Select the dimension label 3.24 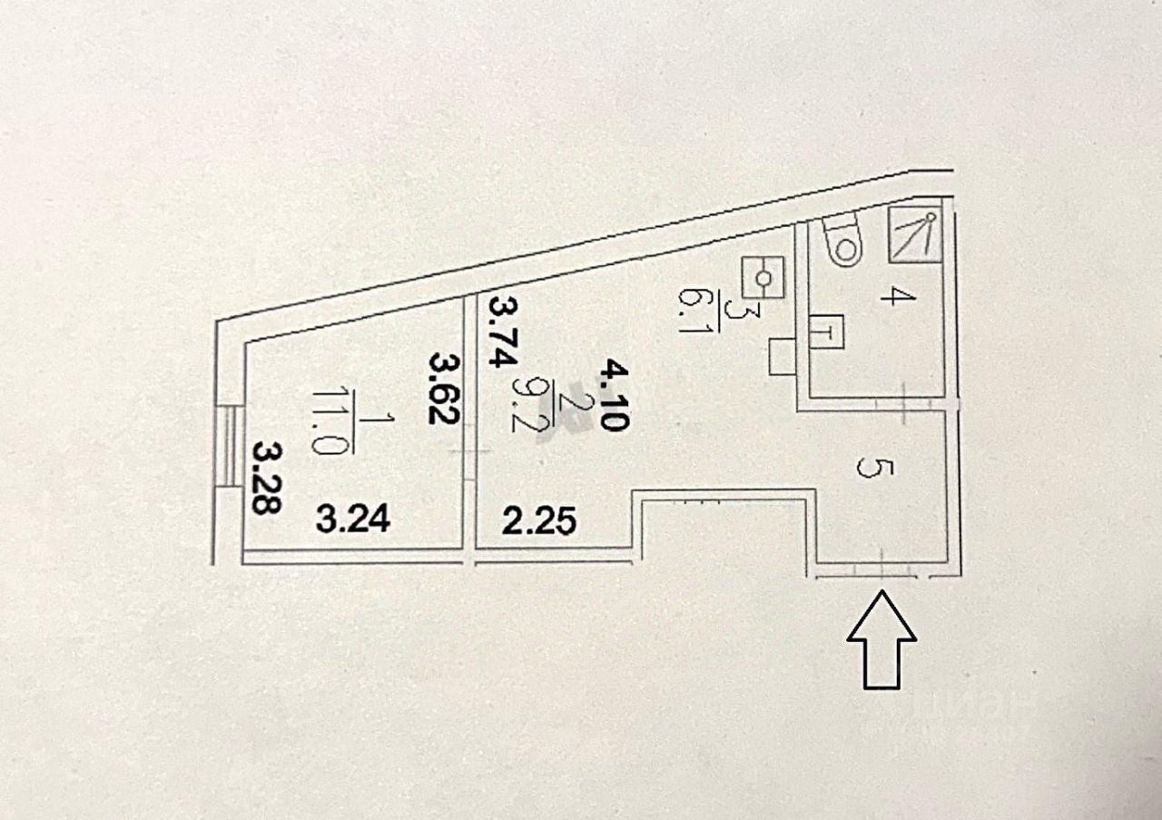point(354,519)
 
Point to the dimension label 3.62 point(444,389)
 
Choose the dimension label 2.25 point(539,521)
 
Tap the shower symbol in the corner point(914,233)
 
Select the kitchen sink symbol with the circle point(764,276)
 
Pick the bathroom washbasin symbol point(828,332)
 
